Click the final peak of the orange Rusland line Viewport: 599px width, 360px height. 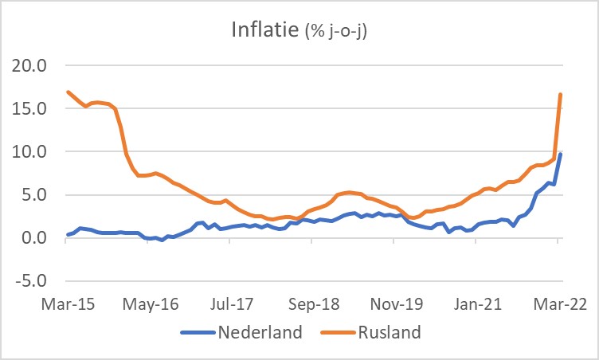coord(561,95)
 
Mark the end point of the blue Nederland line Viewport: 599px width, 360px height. coord(561,154)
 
